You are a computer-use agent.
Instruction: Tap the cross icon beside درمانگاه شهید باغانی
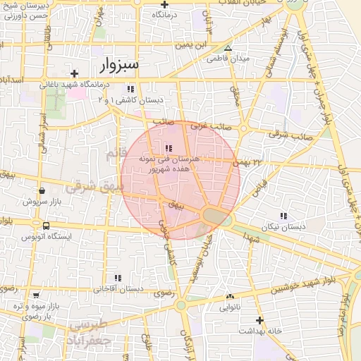[x=74, y=73]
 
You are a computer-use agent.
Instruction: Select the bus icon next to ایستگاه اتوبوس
[x=46, y=226]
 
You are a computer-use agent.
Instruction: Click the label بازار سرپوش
[x=57, y=202]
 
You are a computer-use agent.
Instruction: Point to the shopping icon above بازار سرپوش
[x=43, y=190]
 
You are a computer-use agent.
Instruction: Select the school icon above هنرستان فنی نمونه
[x=168, y=148]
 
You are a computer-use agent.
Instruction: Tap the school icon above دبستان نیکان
[x=283, y=216]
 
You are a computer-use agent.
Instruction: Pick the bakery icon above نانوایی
[x=230, y=297]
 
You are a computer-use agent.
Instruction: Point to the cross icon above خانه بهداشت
[x=259, y=319]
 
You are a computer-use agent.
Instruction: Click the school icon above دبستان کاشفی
[x=130, y=89]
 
